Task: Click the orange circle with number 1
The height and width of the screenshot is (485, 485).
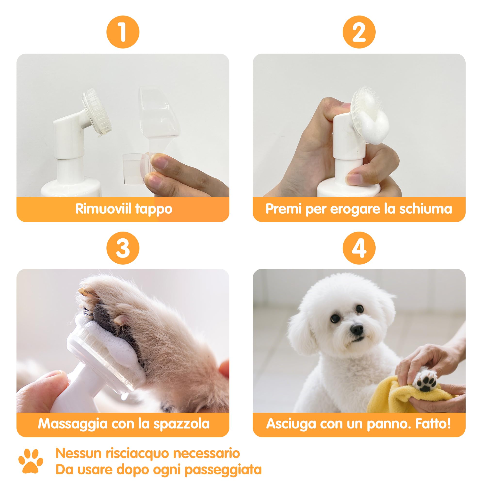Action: [123, 32]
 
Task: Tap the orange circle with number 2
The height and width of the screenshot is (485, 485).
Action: [359, 32]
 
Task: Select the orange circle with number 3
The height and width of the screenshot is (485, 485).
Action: [123, 248]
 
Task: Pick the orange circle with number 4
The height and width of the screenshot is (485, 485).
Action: [359, 248]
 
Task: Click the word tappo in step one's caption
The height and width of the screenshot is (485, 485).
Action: [154, 209]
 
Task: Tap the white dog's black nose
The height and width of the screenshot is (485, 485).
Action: [357, 328]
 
